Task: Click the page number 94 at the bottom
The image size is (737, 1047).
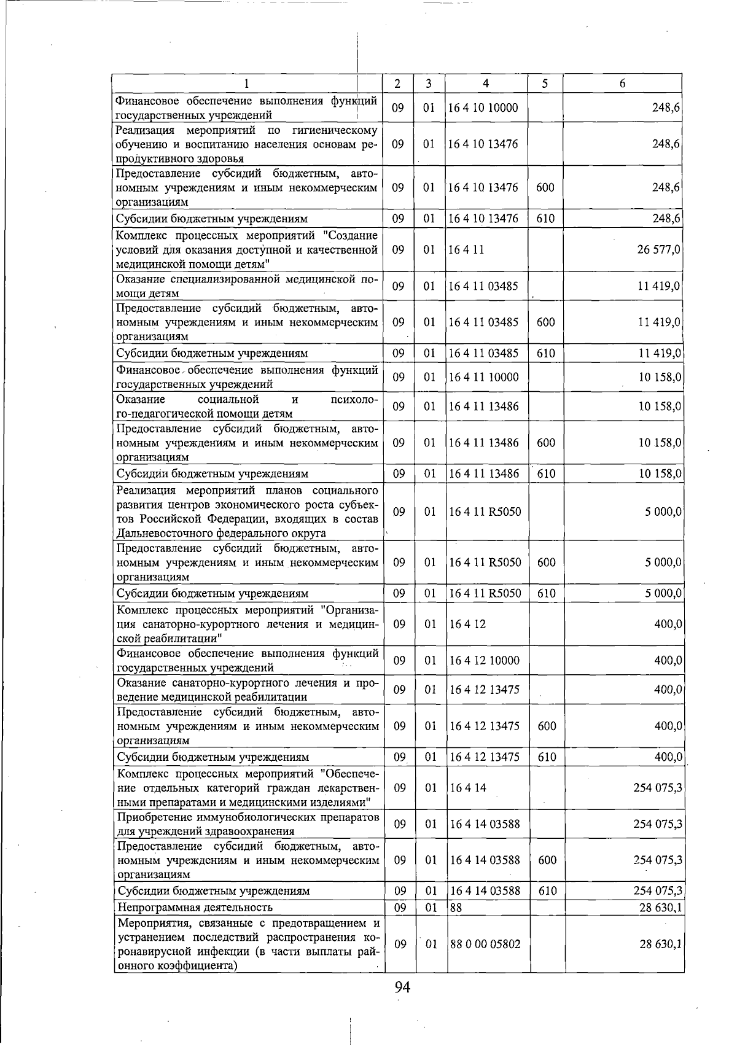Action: click(x=402, y=987)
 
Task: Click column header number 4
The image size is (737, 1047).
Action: click(x=485, y=83)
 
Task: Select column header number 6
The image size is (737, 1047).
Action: click(x=622, y=83)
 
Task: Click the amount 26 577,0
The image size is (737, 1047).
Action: click(x=659, y=250)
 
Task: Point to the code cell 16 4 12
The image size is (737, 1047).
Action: click(x=467, y=624)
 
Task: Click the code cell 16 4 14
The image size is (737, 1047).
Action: click(x=467, y=788)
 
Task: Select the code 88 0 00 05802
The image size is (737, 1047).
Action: click(x=485, y=944)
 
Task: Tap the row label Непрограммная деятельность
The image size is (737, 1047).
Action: click(x=195, y=907)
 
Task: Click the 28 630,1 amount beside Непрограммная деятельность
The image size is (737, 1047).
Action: click(x=660, y=907)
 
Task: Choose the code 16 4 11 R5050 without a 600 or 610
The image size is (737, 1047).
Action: click(x=485, y=512)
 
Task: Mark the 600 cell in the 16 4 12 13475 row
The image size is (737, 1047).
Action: click(x=547, y=726)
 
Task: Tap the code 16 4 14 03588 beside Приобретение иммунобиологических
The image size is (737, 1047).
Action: click(x=485, y=824)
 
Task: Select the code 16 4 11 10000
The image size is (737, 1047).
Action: click(x=483, y=377)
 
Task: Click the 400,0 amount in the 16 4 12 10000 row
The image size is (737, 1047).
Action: click(x=668, y=660)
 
